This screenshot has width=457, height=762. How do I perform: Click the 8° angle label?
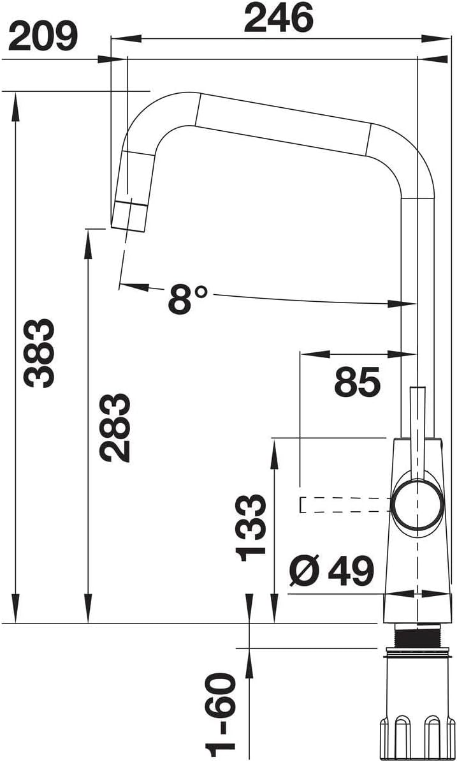coord(188,299)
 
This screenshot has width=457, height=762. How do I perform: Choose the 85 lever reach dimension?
coord(357,382)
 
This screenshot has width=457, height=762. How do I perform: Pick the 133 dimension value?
coord(250,527)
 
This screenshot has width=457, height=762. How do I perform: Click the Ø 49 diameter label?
coord(330,570)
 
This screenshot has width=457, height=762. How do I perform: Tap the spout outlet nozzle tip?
coord(129,214)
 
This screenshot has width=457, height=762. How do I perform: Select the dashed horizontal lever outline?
coord(344,505)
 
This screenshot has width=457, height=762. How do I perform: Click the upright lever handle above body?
coord(417,421)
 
